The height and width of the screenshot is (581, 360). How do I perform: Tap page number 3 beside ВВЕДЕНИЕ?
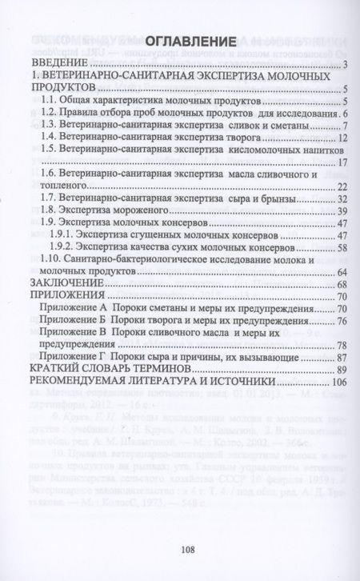tap(342, 65)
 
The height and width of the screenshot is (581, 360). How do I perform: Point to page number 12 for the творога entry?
tap(339, 138)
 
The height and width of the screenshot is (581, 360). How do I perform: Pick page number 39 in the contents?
tap(339, 211)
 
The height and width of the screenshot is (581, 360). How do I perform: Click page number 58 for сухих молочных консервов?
tap(339, 248)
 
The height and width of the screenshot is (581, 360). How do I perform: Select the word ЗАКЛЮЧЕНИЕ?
tap(63, 285)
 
